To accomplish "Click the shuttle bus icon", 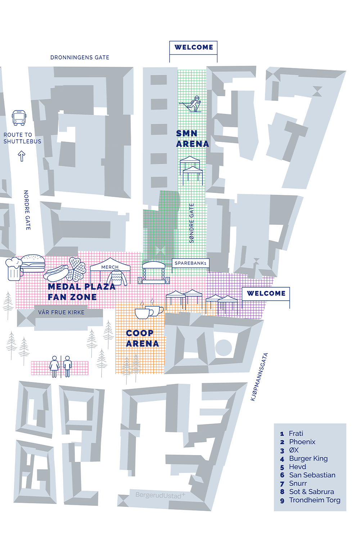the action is pos(19,118).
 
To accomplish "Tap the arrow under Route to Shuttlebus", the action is pos(22,156).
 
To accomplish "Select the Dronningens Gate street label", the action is pos(80,57).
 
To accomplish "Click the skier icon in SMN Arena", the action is pos(191,104).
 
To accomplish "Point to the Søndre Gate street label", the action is pos(192,223).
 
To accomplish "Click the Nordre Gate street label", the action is pos(27,210).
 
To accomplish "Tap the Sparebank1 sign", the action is pos(190,263).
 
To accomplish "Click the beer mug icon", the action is pos(14,269).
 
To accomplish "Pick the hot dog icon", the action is pos(56,273).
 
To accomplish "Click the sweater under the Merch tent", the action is pos(117,278).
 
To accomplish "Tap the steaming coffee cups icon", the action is pos(149,309).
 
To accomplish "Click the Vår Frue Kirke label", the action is pos(61,312).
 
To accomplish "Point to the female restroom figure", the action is pos(54,366).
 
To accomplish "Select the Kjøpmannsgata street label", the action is pos(259,377).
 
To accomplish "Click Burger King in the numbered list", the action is pos(309,458).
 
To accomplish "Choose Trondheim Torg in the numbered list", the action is pos(315,500).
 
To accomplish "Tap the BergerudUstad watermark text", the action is pos(160,495).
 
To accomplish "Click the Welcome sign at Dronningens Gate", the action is pos(193,48).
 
